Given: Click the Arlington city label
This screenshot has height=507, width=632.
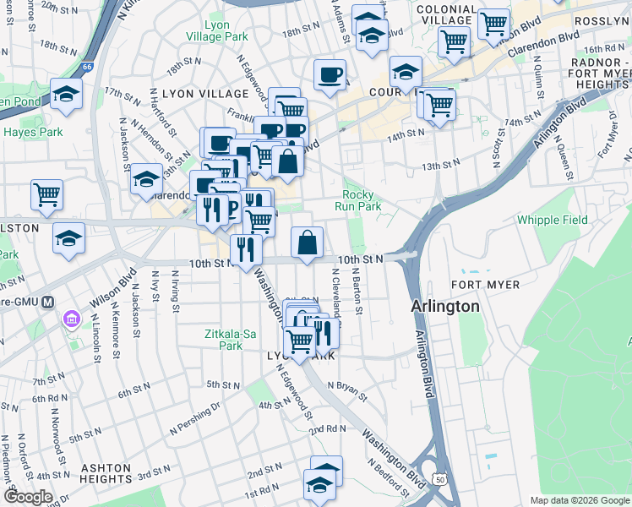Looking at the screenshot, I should pos(445,306).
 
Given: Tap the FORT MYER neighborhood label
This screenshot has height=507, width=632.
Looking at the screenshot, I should pos(485,285).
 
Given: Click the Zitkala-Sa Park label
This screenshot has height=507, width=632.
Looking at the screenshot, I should pos(230,340).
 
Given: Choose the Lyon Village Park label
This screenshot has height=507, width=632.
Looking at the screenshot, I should pos(220,30).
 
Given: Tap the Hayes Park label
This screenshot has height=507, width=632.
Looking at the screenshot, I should pos(33,132).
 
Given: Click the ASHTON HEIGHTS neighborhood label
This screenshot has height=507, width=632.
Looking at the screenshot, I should pos(94,473).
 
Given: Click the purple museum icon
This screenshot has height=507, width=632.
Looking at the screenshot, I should pos(70,321).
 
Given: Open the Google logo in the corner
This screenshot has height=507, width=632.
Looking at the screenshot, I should pos(29,497).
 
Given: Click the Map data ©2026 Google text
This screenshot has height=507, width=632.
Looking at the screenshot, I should pos(579,500).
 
